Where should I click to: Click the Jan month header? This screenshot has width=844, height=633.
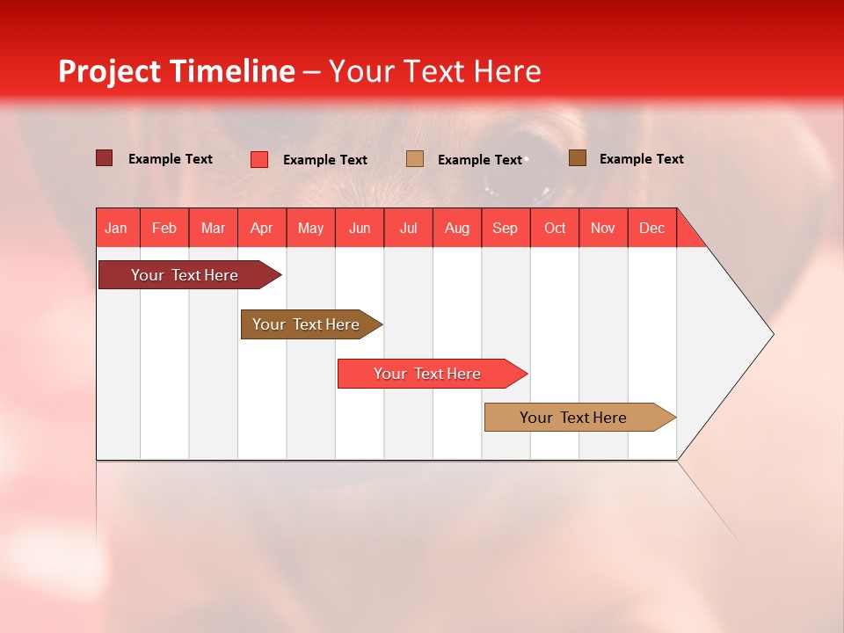(116, 229)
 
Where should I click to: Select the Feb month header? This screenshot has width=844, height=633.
(164, 229)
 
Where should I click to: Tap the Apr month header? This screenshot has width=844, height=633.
(261, 229)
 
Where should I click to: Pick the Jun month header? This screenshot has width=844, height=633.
(359, 229)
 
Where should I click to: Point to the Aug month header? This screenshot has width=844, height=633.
(456, 229)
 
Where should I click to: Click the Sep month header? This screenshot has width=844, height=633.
(505, 229)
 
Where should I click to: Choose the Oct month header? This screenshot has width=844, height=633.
(554, 229)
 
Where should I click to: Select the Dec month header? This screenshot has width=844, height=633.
(651, 229)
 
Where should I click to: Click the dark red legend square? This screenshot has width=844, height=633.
(104, 158)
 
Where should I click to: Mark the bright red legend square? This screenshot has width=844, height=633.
(259, 159)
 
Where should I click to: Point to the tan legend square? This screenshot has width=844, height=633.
(415, 159)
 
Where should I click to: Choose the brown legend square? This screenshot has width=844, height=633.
(578, 158)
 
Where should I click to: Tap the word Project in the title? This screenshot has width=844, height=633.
(111, 71)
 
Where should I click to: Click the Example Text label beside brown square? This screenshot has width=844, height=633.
(641, 159)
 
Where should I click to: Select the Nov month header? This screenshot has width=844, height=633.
(603, 229)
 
